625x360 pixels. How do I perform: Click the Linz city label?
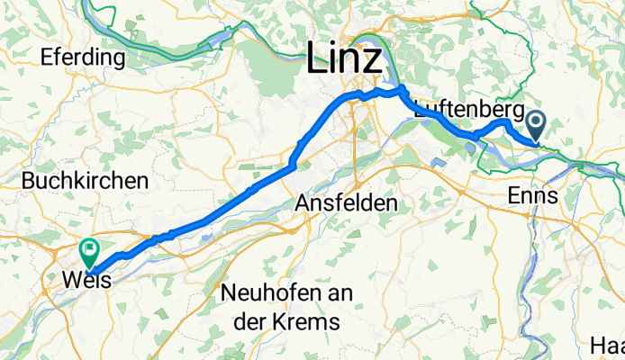click(344, 59)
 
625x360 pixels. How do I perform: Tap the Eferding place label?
click(82, 58)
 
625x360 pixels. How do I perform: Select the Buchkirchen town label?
click(86, 180)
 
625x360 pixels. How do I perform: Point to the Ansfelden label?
click(347, 204)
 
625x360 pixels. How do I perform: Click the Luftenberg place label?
click(461, 110)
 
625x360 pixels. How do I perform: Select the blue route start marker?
click(537, 122)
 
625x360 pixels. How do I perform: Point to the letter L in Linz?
click(317, 59)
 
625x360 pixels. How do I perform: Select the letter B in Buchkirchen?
click(29, 180)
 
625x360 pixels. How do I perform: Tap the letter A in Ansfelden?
click(303, 204)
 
